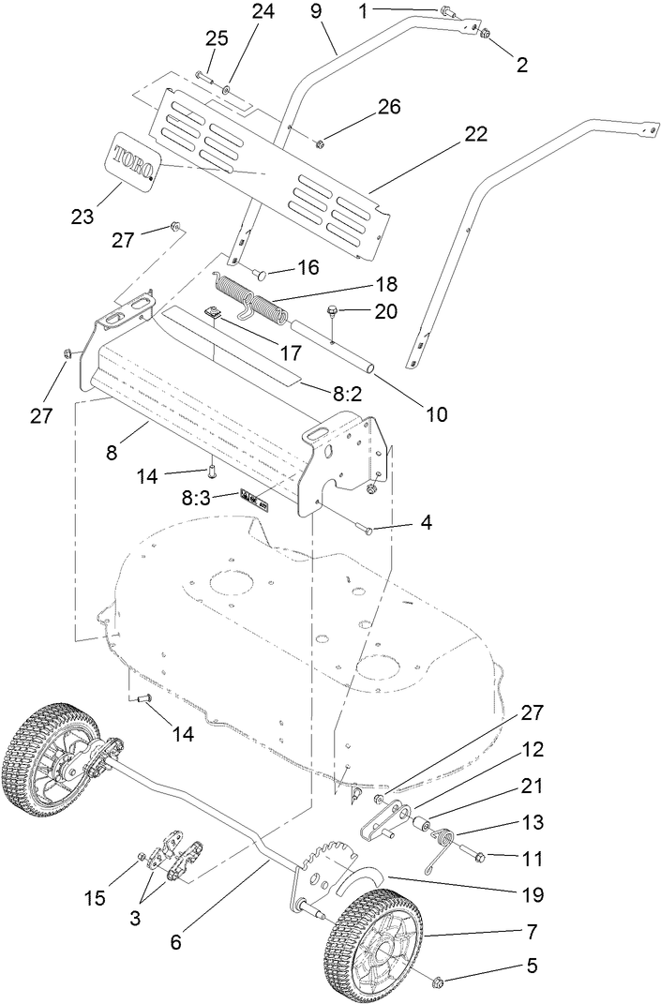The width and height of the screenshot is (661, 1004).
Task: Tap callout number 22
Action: (x=475, y=134)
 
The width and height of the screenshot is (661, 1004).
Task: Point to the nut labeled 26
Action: (x=320, y=142)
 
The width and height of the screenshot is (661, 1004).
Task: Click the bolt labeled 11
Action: (x=473, y=856)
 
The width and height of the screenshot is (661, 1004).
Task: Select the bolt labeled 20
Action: (x=333, y=314)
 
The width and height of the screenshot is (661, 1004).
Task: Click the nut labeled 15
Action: (x=142, y=858)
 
